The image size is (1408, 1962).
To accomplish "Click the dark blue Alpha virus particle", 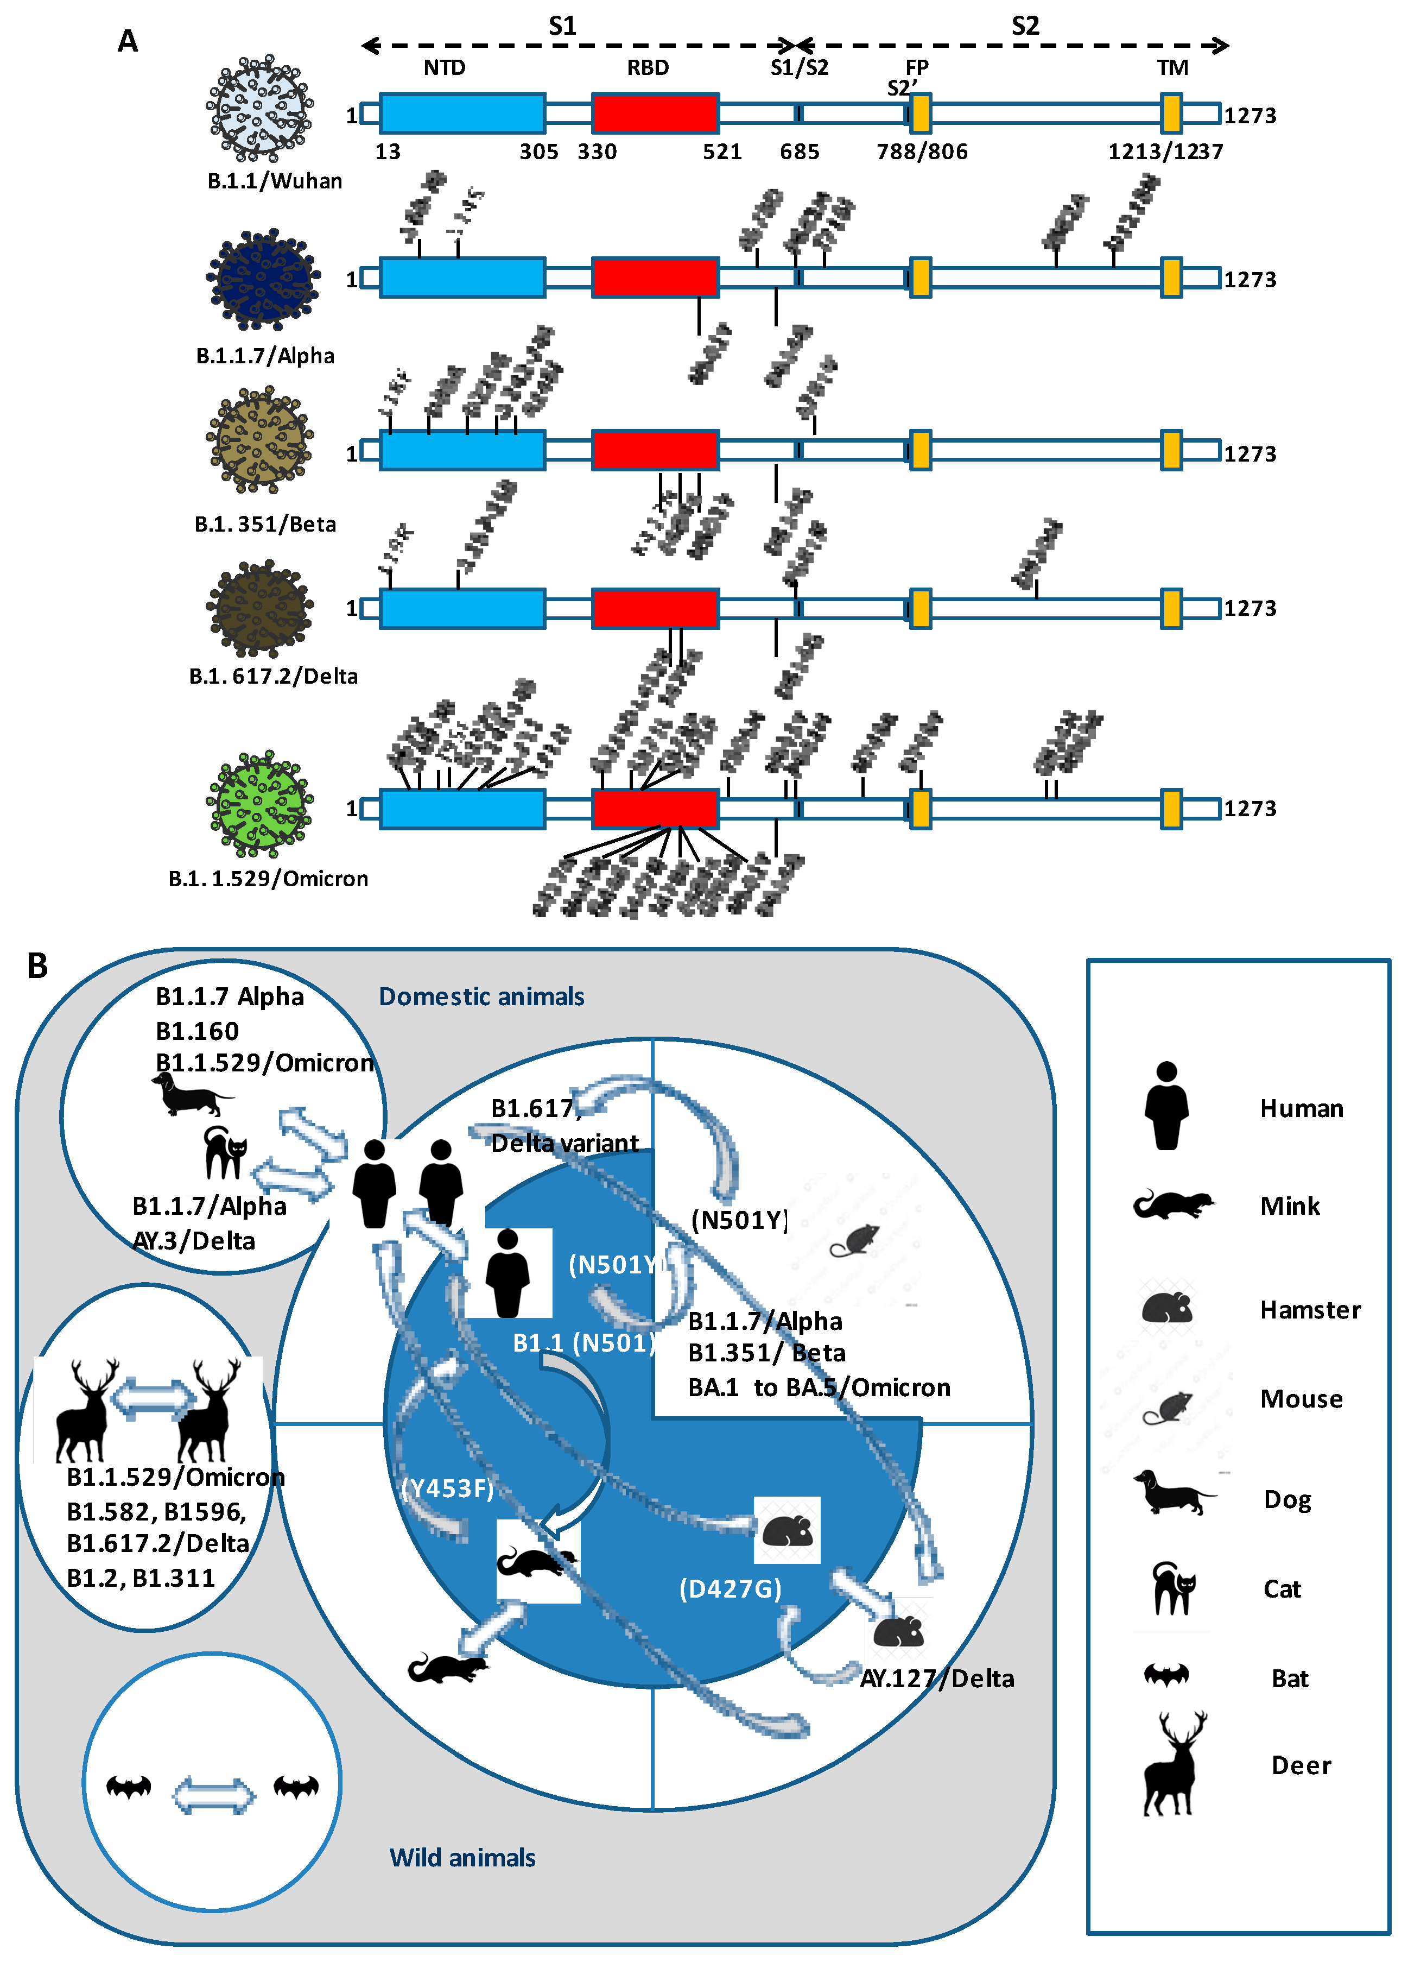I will coord(262,280).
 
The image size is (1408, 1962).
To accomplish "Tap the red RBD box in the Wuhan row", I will coord(655,113).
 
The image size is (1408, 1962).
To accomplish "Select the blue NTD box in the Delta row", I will coord(462,608).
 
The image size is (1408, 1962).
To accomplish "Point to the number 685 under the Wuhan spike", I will coord(799,152).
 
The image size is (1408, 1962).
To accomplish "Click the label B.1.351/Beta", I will coord(265,524).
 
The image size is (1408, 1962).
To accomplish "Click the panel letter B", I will coord(37,966).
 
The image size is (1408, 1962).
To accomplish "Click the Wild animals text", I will coord(462,1857).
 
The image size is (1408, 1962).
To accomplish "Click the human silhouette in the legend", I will coord(1166,1106).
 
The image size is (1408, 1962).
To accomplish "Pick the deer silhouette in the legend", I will coord(1174,1765).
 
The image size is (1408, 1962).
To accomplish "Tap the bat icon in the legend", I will coord(1166,1676).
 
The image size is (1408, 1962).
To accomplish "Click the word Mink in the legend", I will coord(1290,1206).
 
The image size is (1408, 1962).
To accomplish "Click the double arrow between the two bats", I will coord(213,1793).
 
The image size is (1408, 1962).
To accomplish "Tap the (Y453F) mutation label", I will coord(447,1488).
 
